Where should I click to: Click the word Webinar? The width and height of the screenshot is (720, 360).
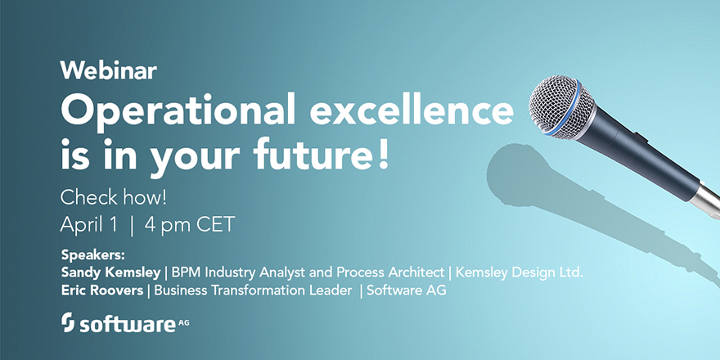coord(108,70)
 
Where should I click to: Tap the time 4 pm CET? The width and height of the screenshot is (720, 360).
coord(187,224)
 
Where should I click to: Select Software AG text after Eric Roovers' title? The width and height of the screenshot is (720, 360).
coord(407,290)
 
